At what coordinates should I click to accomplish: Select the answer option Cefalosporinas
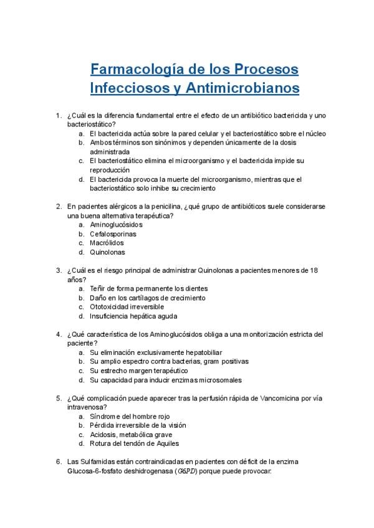[x=113, y=234]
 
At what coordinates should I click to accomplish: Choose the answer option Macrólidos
[x=107, y=243]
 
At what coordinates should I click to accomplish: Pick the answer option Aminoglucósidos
[x=116, y=225]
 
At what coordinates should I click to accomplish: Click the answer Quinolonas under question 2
[x=107, y=253]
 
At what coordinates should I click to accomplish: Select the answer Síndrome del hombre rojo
[x=130, y=416]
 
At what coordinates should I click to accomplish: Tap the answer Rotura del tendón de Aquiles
[x=134, y=444]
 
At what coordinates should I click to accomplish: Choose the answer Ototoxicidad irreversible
[x=127, y=307]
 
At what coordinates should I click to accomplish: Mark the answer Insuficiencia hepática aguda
[x=133, y=316]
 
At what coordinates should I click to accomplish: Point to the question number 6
[x=58, y=461]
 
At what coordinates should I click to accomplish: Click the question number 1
[x=58, y=115]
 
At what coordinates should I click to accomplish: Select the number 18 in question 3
[x=314, y=271]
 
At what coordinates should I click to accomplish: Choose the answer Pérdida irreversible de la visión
[x=138, y=425]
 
